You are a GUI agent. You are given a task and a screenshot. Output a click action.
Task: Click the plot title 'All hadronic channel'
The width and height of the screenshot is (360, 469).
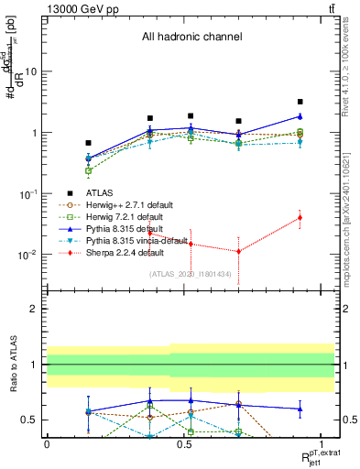point(191,38)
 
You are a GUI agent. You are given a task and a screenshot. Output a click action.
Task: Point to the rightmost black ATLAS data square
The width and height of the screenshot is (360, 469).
point(300,102)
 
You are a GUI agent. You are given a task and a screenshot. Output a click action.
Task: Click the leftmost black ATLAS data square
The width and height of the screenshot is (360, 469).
point(88,143)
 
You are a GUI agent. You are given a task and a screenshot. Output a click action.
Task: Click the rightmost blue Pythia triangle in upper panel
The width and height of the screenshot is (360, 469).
point(300,116)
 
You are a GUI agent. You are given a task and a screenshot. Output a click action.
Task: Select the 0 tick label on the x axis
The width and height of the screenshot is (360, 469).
point(47,442)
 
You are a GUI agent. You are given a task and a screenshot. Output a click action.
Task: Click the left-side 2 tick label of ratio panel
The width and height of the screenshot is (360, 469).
point(34,309)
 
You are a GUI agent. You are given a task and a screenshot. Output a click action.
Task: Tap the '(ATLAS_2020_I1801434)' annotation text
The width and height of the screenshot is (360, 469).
point(191,274)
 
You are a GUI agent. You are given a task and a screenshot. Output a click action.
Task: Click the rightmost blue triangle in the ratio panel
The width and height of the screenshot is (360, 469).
point(300,409)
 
